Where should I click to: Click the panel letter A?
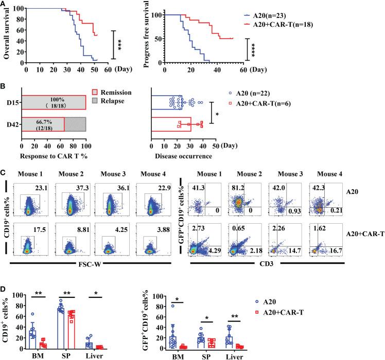[5, 5]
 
